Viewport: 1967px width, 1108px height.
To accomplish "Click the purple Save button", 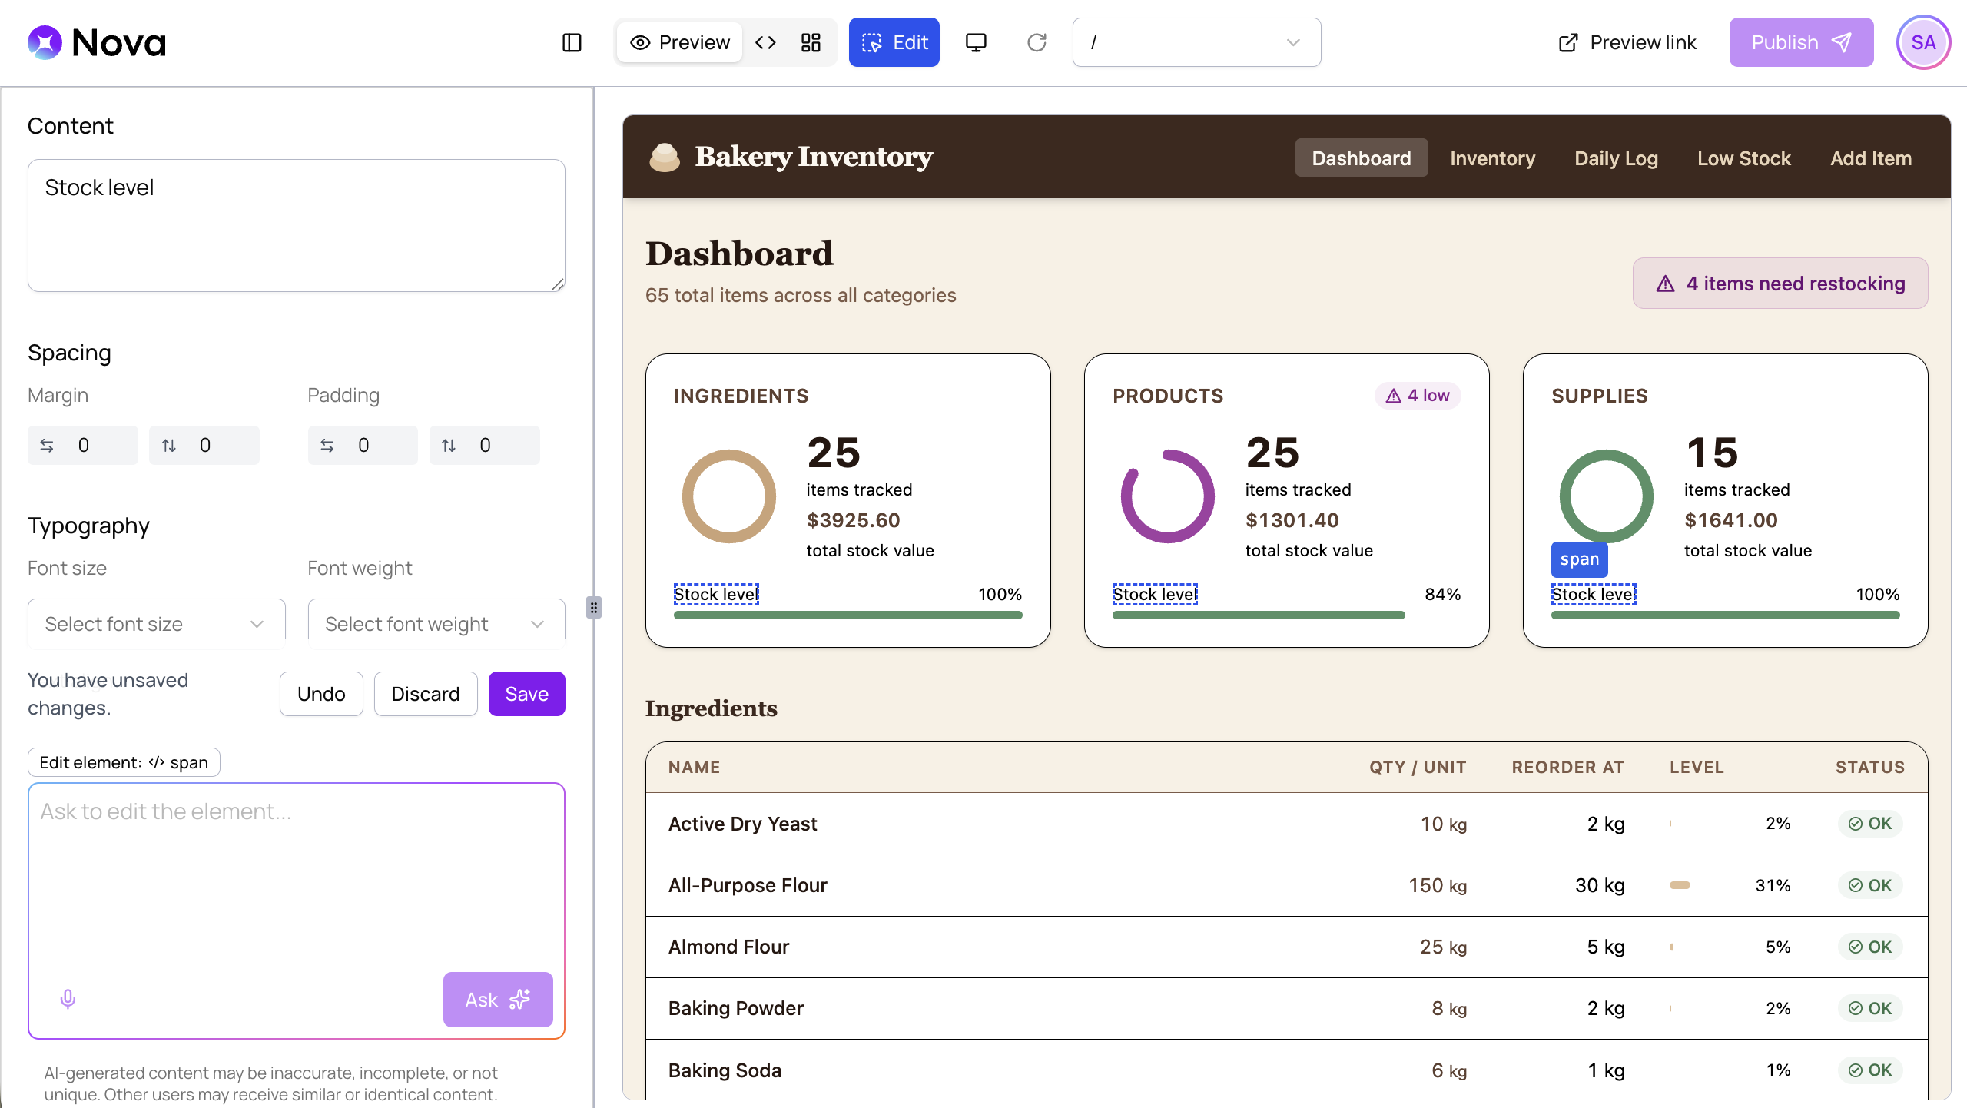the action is [526, 694].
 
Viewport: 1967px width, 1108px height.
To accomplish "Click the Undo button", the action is [321, 694].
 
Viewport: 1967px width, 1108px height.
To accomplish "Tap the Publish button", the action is [1801, 42].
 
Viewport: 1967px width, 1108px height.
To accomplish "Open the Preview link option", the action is [1627, 42].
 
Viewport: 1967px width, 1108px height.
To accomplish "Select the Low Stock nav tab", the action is [1743, 158].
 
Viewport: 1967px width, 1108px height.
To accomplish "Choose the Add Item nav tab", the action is [1870, 158].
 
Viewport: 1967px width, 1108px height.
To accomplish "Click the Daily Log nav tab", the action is [1616, 158].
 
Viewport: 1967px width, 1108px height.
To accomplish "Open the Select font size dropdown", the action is [156, 623].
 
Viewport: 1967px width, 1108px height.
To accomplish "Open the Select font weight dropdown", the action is [436, 623].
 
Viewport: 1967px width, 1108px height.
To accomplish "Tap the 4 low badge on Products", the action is [1418, 396].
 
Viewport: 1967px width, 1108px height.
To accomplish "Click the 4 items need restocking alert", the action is [1780, 284].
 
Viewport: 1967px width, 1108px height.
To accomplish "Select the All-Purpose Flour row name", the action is [748, 885].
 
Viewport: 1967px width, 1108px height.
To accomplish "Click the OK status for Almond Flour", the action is [1870, 947].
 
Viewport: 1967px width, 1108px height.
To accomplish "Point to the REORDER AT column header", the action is [1567, 767].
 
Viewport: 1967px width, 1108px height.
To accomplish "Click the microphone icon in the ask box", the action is [68, 999].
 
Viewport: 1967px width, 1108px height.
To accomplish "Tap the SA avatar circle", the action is [1923, 42].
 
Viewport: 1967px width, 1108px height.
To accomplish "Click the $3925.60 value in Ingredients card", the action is [853, 520].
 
